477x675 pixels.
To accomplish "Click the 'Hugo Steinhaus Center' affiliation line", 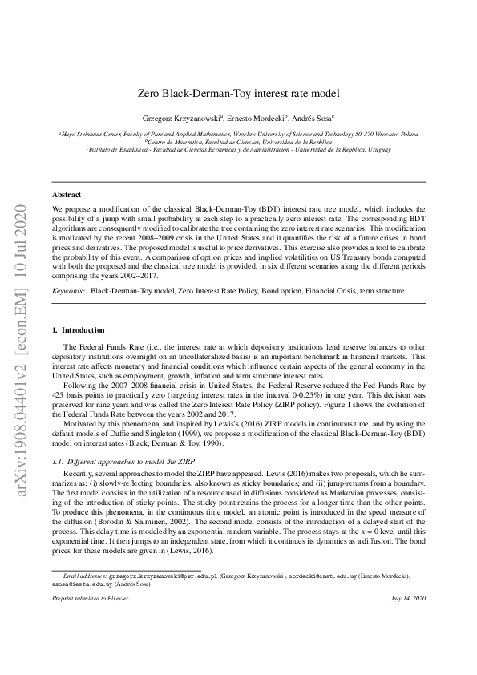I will (x=240, y=134).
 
